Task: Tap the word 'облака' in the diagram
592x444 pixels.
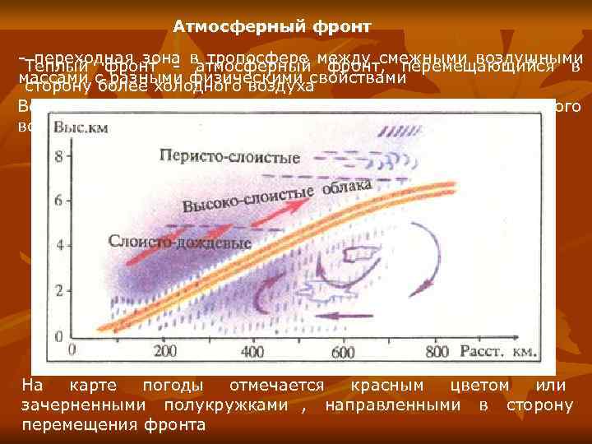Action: coord(348,188)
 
